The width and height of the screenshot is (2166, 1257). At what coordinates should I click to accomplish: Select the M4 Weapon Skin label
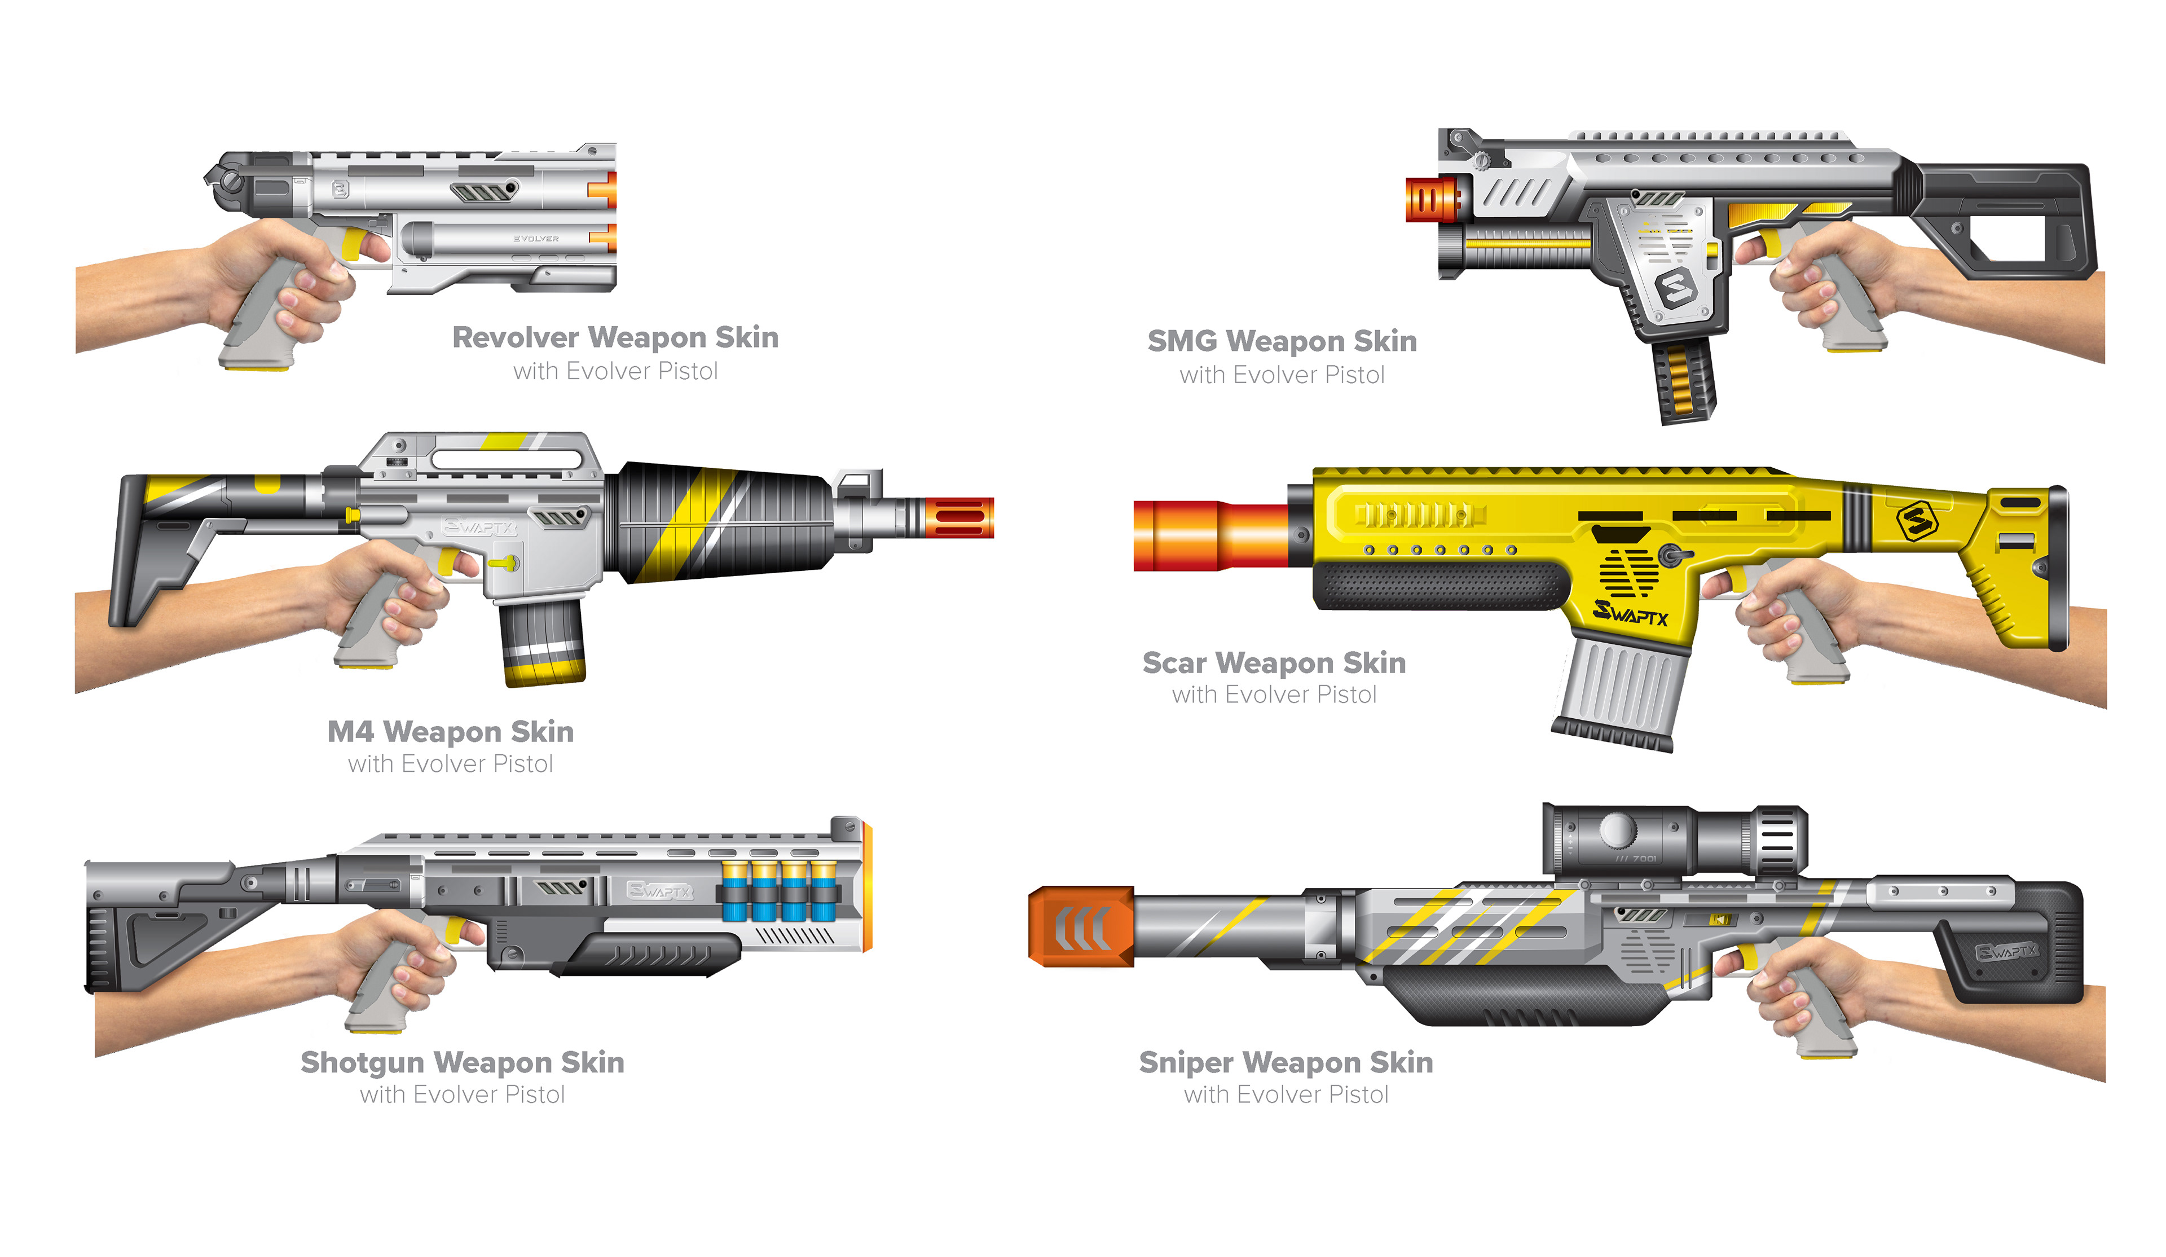(x=450, y=732)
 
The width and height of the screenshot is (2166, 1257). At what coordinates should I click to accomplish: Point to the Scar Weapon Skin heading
(x=1274, y=663)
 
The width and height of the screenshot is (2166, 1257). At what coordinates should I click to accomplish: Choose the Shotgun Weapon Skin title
(x=463, y=1063)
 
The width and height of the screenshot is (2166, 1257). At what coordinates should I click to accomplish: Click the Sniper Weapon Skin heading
(x=1286, y=1063)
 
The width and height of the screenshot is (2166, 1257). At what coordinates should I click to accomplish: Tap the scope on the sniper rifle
(x=1672, y=839)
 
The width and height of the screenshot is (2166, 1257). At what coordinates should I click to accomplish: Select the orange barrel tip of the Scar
(x=1212, y=535)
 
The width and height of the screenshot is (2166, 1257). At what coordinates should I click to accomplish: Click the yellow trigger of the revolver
(x=353, y=243)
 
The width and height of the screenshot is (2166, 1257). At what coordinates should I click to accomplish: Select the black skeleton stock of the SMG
(x=2002, y=219)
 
